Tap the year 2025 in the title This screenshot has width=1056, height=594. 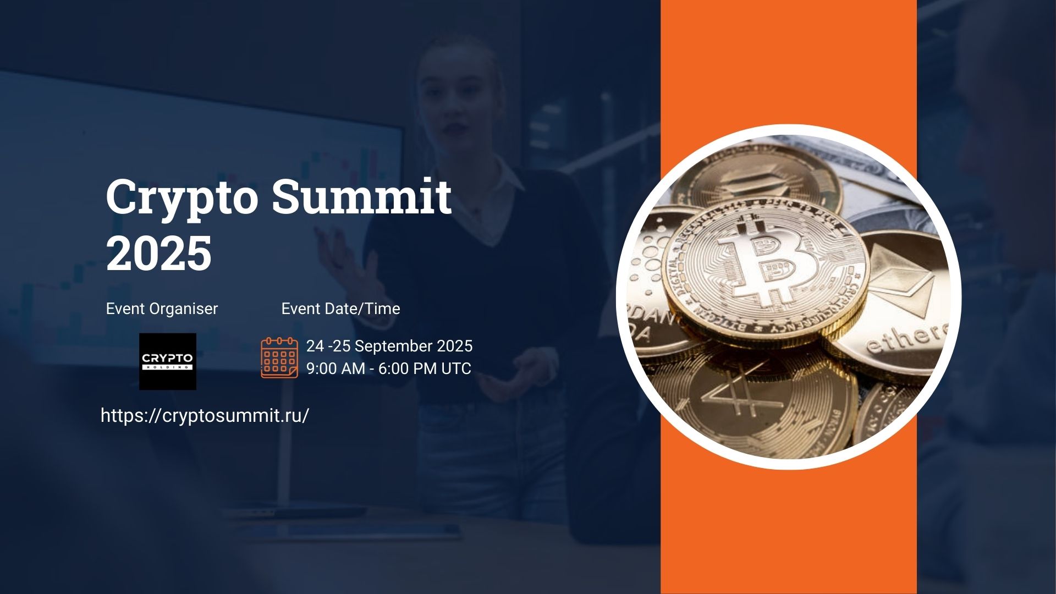coord(158,253)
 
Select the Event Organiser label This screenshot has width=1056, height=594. coord(162,309)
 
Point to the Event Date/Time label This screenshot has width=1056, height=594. coord(340,309)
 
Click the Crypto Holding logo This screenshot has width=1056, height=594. coord(167,361)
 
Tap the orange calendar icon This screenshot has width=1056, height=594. coord(279,358)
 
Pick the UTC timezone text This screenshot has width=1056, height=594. coord(456,369)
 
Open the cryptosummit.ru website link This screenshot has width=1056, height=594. coord(205,415)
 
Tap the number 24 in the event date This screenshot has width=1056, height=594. coord(315,346)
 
